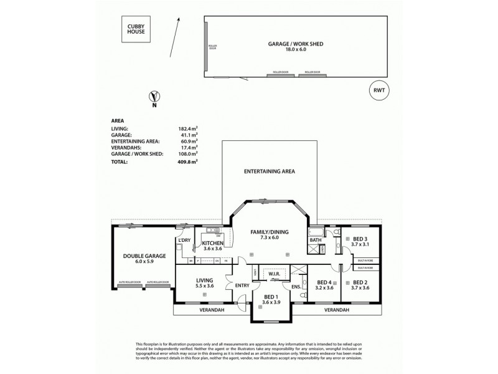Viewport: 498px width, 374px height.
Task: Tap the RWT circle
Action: click(378, 90)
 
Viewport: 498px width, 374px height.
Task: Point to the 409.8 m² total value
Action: click(187, 161)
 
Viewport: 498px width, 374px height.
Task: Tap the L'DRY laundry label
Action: click(184, 240)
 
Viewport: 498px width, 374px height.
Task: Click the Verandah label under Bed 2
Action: click(336, 309)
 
